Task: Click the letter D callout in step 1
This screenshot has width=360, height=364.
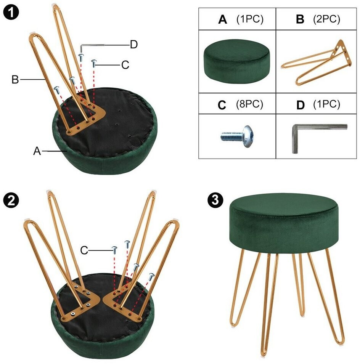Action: pos(133,44)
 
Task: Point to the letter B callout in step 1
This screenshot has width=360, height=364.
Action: pos(15,79)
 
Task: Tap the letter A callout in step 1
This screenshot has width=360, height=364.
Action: pos(37,151)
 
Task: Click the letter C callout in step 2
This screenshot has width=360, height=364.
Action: pos(84,250)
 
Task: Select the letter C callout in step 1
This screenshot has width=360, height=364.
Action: pos(125,65)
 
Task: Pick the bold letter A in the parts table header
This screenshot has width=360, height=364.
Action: pos(222,19)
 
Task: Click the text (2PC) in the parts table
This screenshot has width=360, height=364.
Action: pos(326,19)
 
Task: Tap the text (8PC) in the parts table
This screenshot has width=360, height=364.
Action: pos(249,104)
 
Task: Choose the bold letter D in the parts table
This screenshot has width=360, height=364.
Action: pos(300,105)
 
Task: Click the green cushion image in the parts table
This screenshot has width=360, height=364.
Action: pos(237,61)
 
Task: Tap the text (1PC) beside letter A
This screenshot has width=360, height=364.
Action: pos(250,19)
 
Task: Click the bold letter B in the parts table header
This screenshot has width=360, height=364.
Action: pos(300,19)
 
